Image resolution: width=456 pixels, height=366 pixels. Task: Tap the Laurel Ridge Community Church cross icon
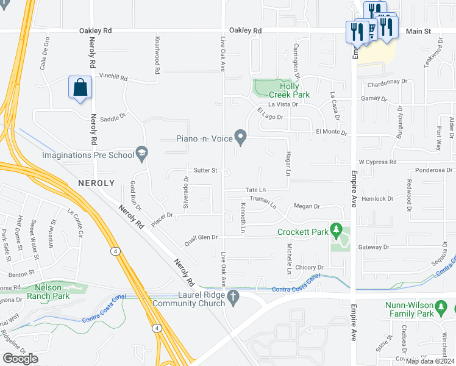[x=232, y=297]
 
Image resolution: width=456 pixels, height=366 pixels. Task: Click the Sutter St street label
[x=205, y=170]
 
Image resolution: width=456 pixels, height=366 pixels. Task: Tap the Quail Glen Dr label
[x=201, y=237]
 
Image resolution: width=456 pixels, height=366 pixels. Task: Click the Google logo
[x=21, y=359]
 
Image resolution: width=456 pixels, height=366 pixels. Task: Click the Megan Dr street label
[x=307, y=206]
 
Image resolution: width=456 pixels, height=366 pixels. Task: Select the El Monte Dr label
[x=331, y=132]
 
